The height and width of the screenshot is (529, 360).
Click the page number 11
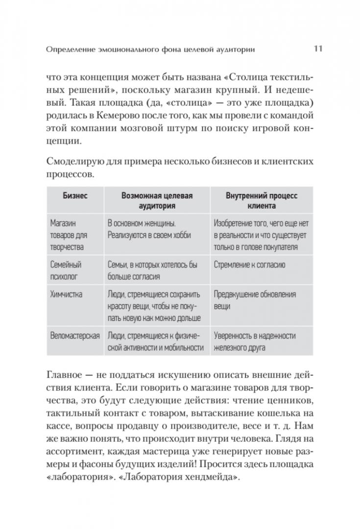(x=317, y=49)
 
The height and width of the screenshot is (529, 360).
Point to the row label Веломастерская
(x=74, y=336)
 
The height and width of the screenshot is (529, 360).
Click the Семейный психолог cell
(x=66, y=271)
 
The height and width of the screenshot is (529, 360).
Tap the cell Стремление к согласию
(x=250, y=265)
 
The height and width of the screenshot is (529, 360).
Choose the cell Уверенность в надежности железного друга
(x=255, y=341)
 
